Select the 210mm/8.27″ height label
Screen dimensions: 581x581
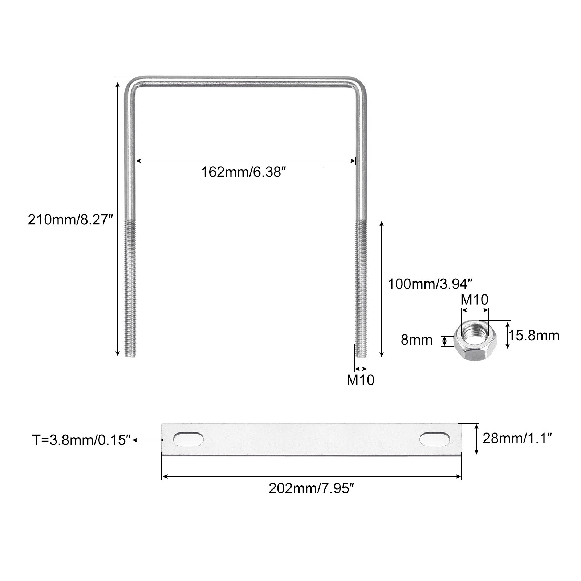[71, 220]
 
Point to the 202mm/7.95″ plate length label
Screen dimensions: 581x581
[311, 489]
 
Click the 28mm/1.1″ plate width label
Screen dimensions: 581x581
[517, 439]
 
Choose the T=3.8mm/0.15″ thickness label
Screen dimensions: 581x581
[81, 440]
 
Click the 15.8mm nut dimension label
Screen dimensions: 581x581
[534, 336]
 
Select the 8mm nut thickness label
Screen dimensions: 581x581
[417, 340]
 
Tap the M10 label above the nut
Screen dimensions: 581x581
[475, 300]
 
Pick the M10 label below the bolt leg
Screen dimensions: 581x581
[361, 380]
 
